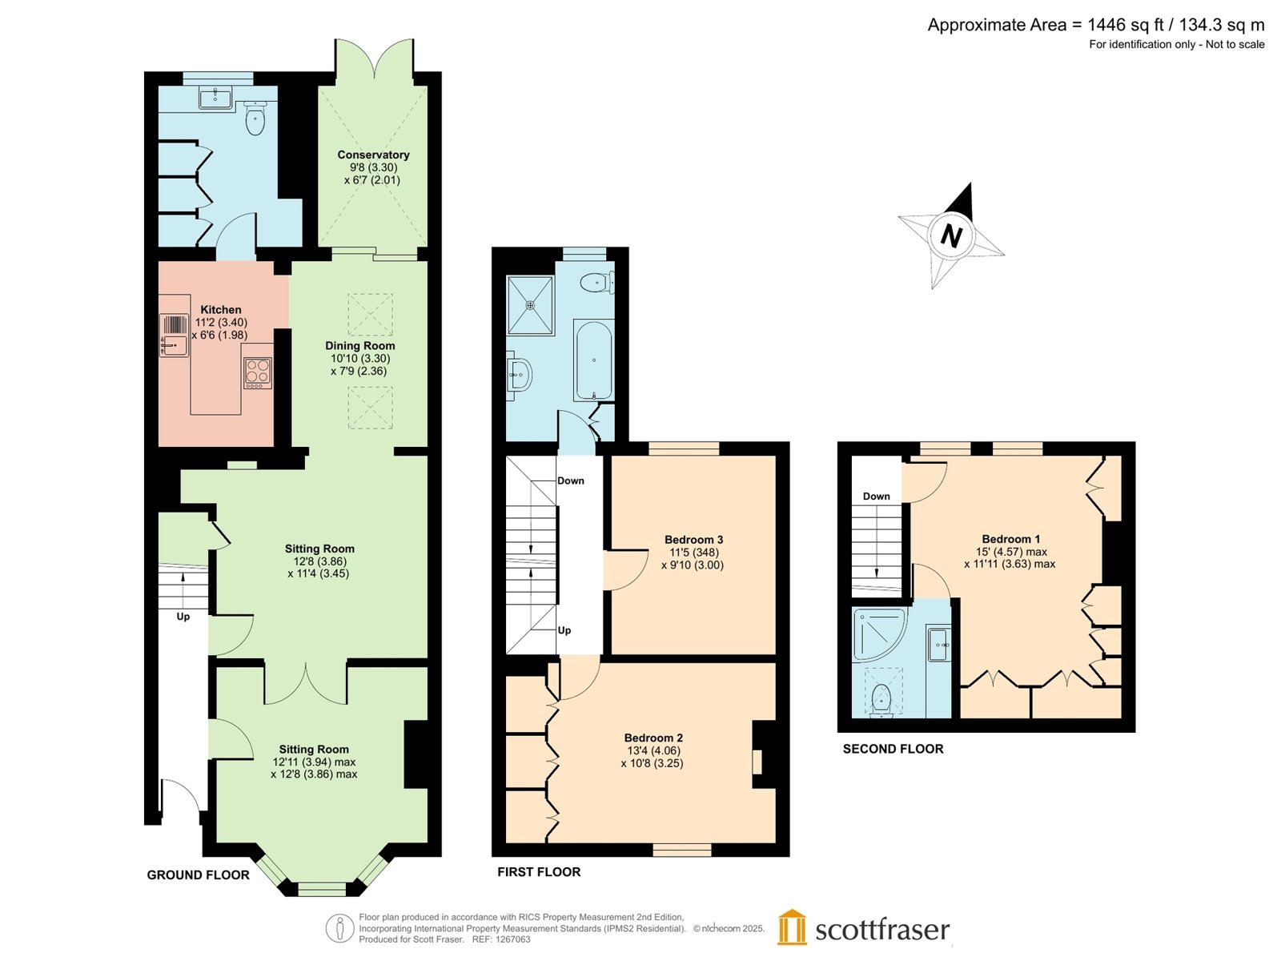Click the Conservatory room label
[373, 155]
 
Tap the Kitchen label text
[221, 310]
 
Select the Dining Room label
[359, 345]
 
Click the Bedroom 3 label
[693, 540]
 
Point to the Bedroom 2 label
[653, 738]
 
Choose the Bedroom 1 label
[1011, 539]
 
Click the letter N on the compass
[951, 236]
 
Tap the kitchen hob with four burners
[257, 373]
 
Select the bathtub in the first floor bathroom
[593, 360]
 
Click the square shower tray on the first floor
[530, 305]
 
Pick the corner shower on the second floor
[879, 634]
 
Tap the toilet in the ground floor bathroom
[255, 118]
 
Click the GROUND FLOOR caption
[198, 875]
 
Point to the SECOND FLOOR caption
[893, 749]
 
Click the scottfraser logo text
[881, 930]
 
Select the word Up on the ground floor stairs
[183, 617]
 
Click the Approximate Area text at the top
[1096, 25]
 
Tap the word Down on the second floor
[876, 496]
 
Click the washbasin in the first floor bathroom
[518, 375]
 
